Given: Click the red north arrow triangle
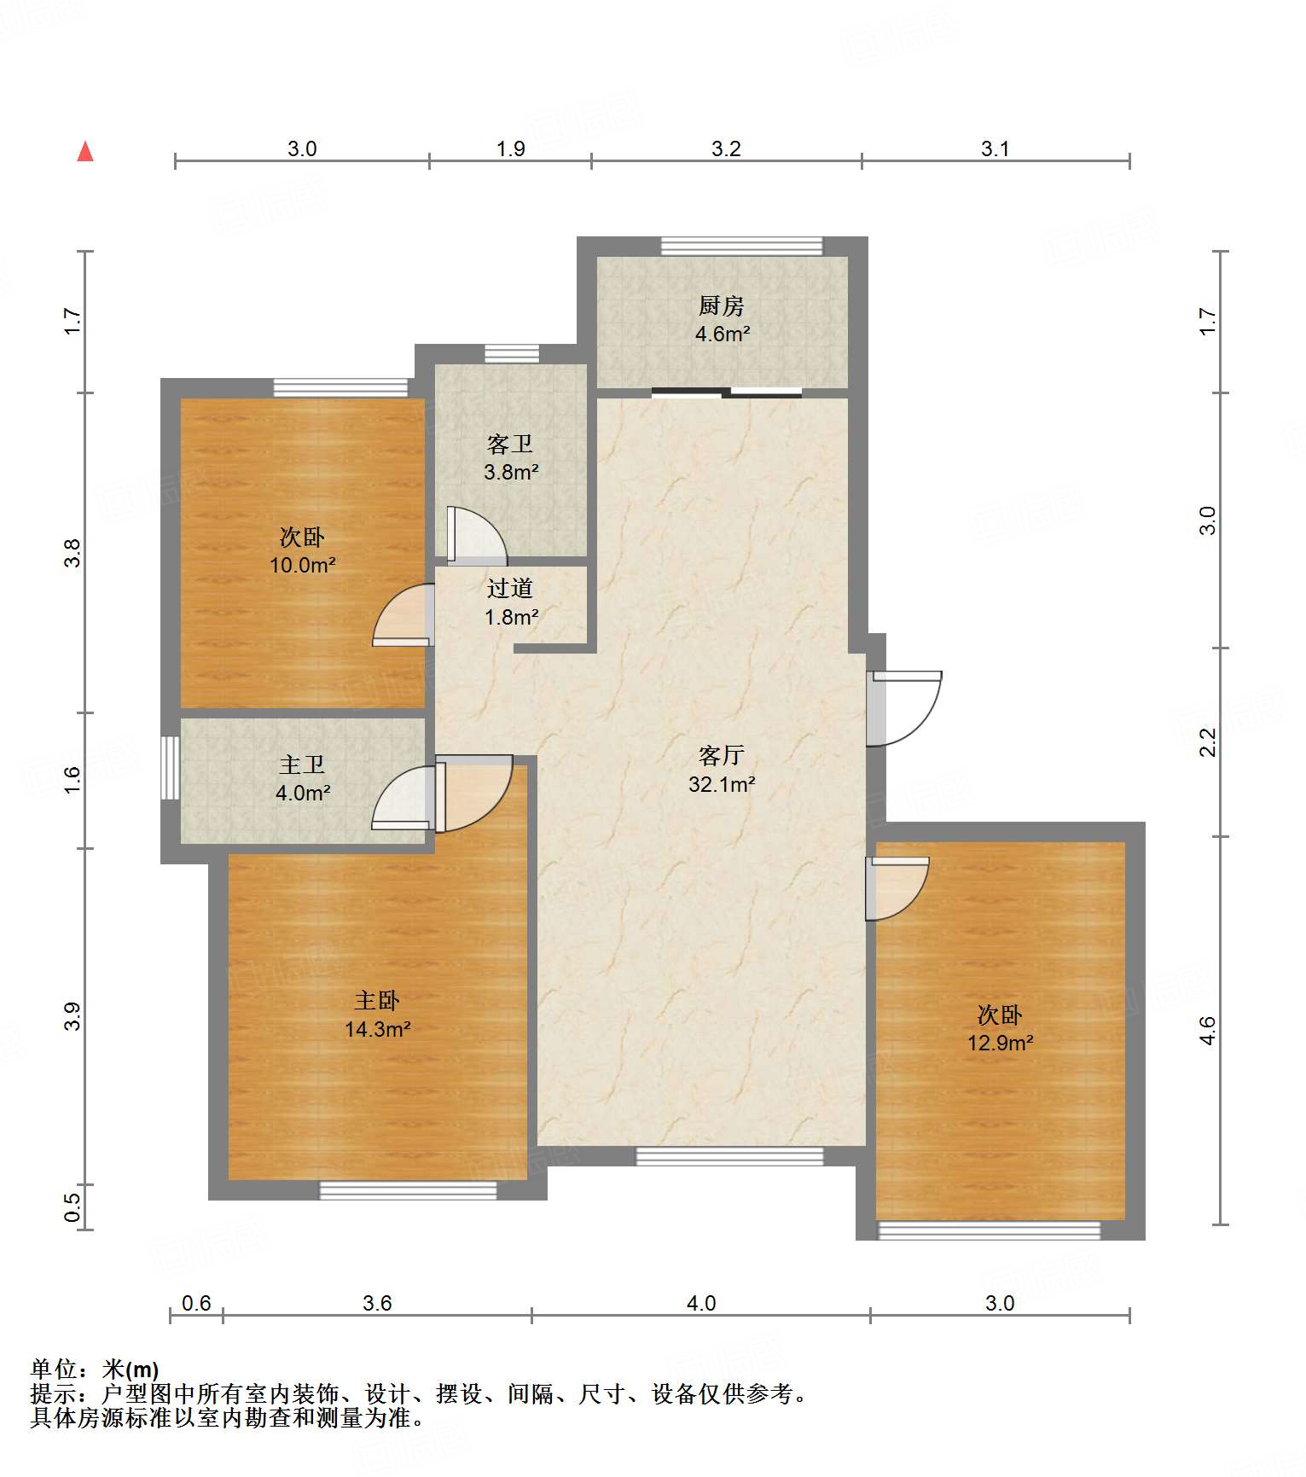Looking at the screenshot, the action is (x=85, y=151).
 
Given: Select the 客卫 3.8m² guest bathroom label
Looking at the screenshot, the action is (x=510, y=457).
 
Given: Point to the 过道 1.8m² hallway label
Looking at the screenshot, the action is (x=510, y=602).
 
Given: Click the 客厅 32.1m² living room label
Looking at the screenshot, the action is (x=722, y=769).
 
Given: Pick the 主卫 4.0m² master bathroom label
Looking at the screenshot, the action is (x=302, y=778).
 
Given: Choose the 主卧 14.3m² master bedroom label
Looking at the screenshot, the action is (x=377, y=1015).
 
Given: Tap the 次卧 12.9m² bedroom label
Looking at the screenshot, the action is (x=1000, y=1028).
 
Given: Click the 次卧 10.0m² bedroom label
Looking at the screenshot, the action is (x=302, y=550).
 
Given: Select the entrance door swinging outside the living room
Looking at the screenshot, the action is (x=904, y=708).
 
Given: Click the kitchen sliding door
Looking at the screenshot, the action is (x=727, y=393).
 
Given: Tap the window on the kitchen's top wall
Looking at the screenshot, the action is (x=742, y=246).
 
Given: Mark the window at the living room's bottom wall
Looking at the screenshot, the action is (x=730, y=1156).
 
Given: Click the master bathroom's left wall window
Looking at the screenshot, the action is (x=171, y=768).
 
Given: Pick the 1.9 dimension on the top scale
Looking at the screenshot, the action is (x=511, y=148).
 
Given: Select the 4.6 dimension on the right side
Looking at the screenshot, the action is (x=1206, y=1031).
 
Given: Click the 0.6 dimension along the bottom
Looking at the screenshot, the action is (x=196, y=1303).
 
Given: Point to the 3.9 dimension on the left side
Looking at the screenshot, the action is (x=73, y=1015).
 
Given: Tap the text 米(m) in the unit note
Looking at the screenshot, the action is (x=131, y=1369).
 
